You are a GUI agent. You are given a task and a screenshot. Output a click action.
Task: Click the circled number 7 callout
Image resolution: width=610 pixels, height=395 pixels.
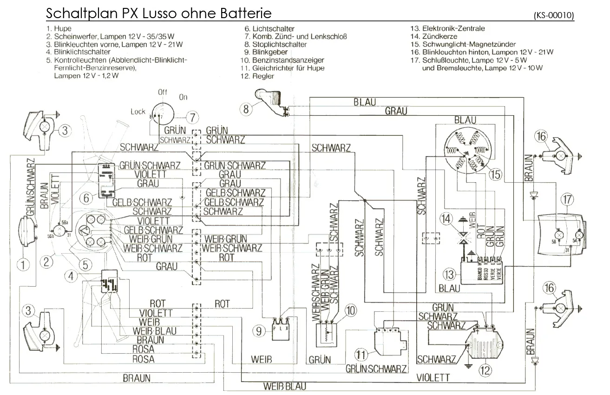(x=192, y=117)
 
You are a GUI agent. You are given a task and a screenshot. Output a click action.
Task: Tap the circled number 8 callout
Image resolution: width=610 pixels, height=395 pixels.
(x=247, y=109)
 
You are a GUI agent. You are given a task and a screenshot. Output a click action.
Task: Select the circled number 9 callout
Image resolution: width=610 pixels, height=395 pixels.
(x=259, y=331)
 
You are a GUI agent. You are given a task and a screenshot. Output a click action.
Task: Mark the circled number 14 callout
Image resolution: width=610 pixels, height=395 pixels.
(x=446, y=218)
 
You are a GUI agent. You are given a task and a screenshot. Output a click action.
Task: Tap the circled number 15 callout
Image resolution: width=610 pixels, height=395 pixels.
(x=496, y=174)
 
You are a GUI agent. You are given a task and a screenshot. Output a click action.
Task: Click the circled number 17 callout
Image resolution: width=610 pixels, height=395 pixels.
(x=567, y=199)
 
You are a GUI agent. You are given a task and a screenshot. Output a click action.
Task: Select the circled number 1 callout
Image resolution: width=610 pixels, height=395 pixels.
(x=23, y=264)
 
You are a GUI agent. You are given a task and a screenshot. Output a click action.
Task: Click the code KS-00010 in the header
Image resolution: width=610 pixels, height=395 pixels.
(x=554, y=15)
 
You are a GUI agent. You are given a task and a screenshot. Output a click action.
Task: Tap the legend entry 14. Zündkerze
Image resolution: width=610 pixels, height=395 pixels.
(x=433, y=36)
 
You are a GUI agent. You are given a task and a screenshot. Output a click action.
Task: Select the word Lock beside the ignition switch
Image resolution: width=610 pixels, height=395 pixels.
(x=138, y=112)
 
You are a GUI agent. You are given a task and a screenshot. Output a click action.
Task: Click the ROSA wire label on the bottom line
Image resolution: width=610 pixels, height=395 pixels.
(x=144, y=359)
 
